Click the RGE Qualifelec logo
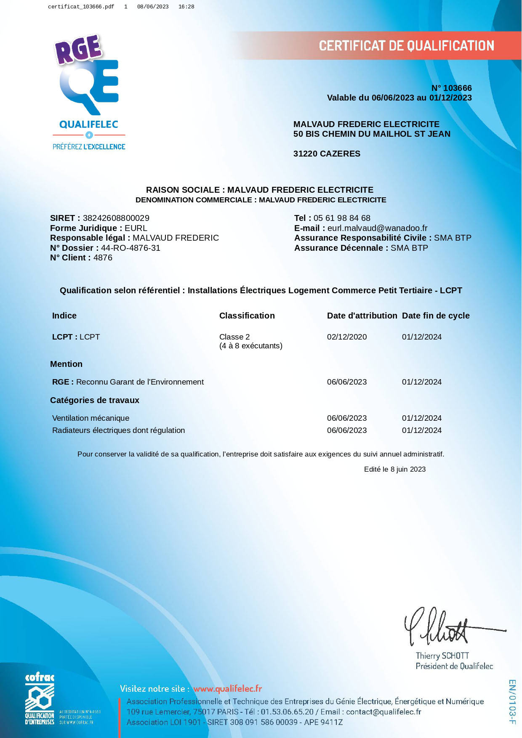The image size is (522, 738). tap(89, 93)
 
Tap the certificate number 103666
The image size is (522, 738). tap(457, 88)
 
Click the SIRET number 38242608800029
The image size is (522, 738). tap(116, 218)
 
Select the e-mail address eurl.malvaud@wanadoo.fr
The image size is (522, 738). tap(377, 228)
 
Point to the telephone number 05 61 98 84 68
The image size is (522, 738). tap(342, 218)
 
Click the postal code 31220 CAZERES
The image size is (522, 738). tap(327, 154)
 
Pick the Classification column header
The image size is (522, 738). tap(247, 316)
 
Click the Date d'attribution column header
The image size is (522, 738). tap(362, 316)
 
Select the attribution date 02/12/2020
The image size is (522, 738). tap(346, 337)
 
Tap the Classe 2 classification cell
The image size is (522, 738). tap(234, 337)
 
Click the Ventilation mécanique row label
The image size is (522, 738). tap(91, 418)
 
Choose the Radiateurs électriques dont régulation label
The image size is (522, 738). tap(118, 430)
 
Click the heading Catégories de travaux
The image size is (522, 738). tap(94, 400)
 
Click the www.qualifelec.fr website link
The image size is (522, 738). tap(227, 689)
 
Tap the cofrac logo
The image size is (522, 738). tap(40, 699)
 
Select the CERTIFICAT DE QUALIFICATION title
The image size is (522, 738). tap(406, 45)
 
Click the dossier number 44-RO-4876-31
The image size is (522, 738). tap(130, 248)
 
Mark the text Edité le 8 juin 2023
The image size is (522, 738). tap(394, 469)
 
